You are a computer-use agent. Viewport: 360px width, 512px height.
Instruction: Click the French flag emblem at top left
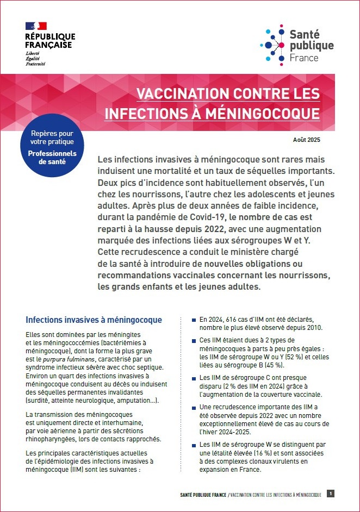pos(36,26)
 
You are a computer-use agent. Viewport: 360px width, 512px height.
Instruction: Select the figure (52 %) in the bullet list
pos(294,357)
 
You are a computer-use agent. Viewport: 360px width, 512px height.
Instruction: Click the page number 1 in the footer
pos(331,494)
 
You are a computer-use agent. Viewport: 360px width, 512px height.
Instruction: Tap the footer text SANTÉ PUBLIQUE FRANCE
pos(203,495)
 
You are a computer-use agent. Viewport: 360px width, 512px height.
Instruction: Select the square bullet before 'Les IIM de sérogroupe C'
pos(194,378)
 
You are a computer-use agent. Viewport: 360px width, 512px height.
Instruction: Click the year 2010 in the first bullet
pos(314,328)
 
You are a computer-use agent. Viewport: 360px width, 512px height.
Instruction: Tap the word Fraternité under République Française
pos(35,64)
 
